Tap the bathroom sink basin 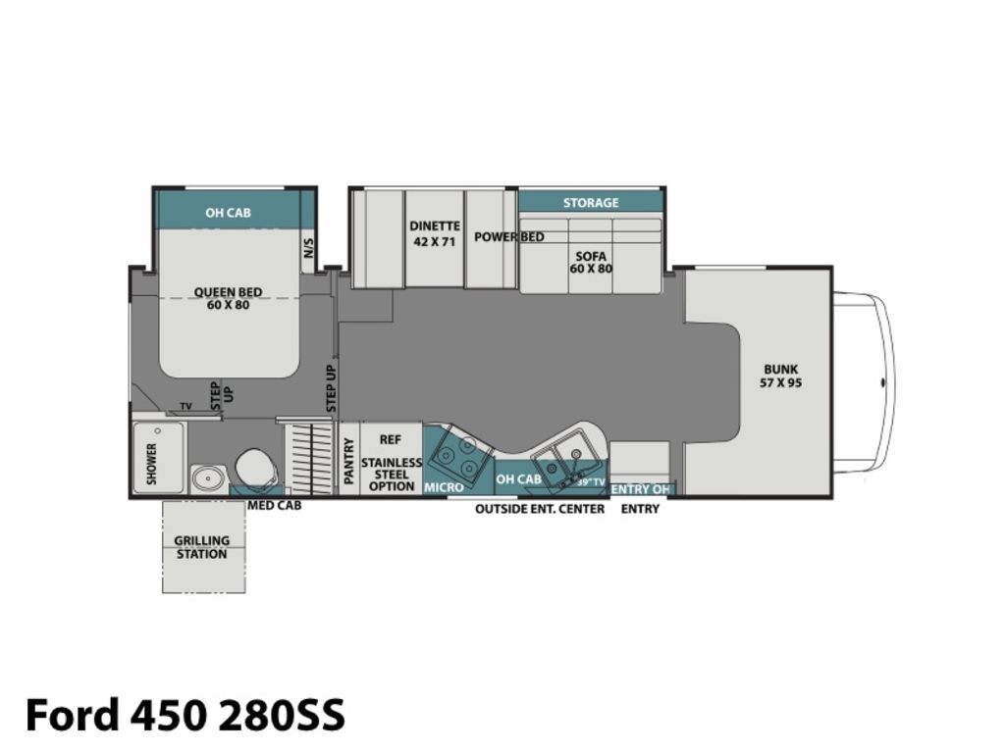pyautogui.click(x=208, y=477)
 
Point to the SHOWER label pyautogui.click(x=152, y=463)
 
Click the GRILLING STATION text pyautogui.click(x=202, y=547)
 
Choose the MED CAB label pyautogui.click(x=275, y=505)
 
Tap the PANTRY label pyautogui.click(x=348, y=461)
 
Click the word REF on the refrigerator pyautogui.click(x=391, y=439)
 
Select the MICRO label pyautogui.click(x=444, y=487)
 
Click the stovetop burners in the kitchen pyautogui.click(x=457, y=455)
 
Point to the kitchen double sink pyautogui.click(x=566, y=459)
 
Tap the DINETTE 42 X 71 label pyautogui.click(x=435, y=233)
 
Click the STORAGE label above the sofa pyautogui.click(x=591, y=202)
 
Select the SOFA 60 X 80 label pyautogui.click(x=591, y=263)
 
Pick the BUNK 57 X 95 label pyautogui.click(x=780, y=376)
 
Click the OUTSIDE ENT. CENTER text pyautogui.click(x=540, y=509)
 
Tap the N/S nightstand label pyautogui.click(x=308, y=247)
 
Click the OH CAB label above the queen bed pyautogui.click(x=228, y=213)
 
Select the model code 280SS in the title pyautogui.click(x=282, y=714)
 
